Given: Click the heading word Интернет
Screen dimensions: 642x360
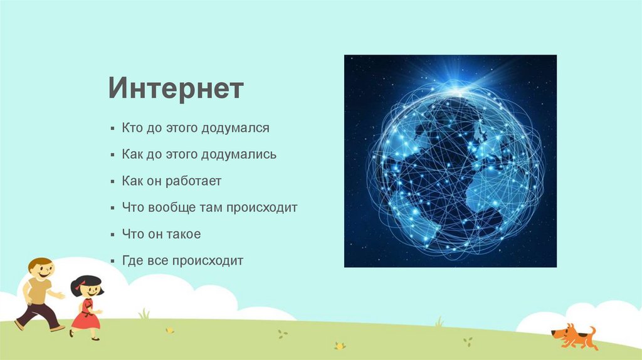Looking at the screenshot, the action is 176,88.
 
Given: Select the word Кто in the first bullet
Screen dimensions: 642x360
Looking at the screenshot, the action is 132,128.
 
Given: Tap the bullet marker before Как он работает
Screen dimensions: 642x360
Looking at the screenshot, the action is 113,182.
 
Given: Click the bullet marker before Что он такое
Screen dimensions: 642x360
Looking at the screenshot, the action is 113,235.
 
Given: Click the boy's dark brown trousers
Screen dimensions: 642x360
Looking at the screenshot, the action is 38,315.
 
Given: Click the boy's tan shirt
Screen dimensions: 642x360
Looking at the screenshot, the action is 39,291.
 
